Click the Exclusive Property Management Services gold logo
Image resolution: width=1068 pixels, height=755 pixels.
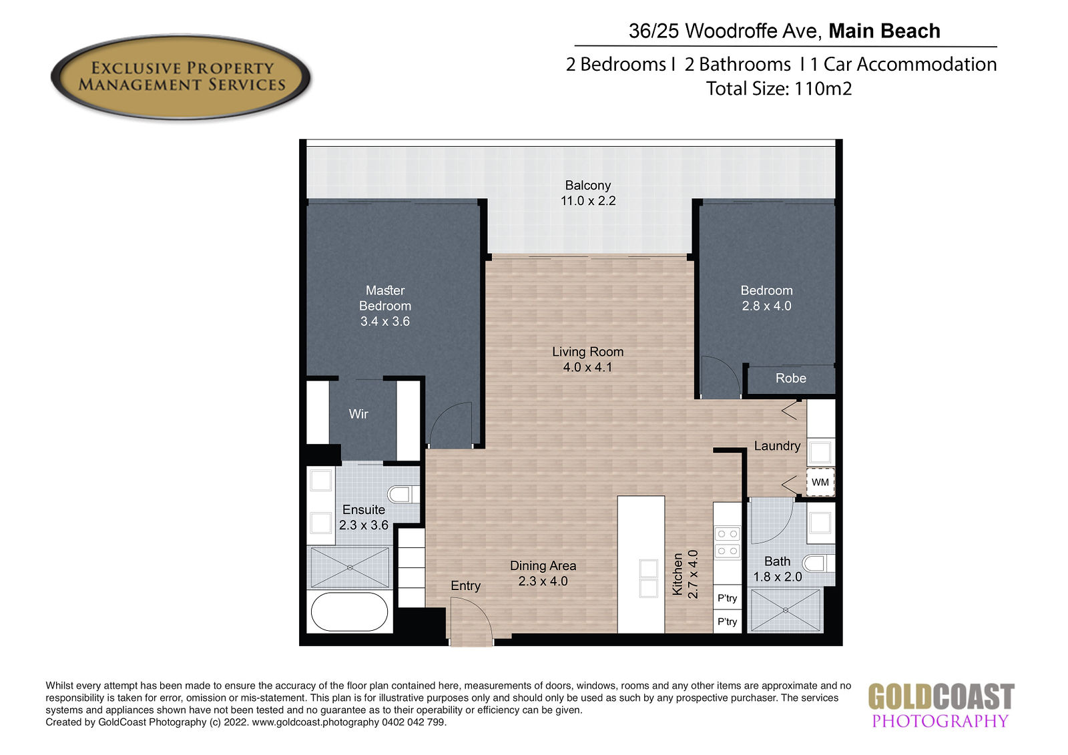181,76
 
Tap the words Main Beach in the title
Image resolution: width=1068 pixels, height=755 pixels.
884,31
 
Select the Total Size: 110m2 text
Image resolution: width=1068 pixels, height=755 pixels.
778,89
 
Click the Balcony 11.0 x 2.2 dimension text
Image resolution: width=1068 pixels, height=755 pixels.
588,201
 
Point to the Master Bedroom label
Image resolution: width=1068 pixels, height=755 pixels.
385,298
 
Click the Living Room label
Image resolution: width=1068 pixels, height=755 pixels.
588,352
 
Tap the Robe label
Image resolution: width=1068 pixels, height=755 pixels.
790,379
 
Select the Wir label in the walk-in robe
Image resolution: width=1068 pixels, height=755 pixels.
358,414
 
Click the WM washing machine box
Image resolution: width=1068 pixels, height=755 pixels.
820,482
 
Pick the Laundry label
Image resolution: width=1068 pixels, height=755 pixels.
777,446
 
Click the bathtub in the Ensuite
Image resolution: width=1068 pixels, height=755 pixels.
350,611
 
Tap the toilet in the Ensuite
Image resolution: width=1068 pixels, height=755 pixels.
403,494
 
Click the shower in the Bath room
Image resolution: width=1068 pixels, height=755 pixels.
785,611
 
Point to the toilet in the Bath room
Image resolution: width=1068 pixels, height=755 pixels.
818,563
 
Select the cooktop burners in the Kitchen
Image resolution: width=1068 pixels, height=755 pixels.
728,542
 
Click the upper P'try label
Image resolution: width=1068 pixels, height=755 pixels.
727,598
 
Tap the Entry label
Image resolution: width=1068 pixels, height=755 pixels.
465,585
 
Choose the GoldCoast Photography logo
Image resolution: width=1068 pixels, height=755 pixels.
941,705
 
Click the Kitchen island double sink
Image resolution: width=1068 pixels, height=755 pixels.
648,578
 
